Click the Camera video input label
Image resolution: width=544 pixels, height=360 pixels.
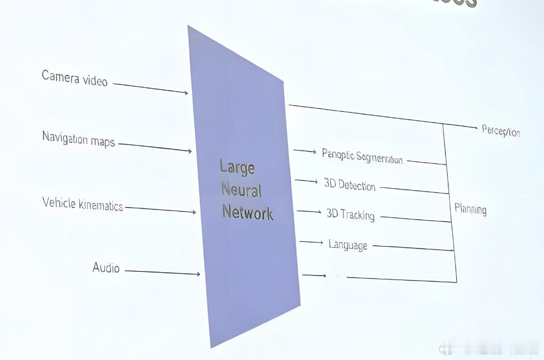(74, 78)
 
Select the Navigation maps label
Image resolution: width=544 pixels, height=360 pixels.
(78, 139)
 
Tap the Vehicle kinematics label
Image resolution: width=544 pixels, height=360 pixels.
(82, 204)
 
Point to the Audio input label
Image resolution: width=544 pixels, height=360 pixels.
(106, 268)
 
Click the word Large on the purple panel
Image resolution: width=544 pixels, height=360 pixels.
(237, 167)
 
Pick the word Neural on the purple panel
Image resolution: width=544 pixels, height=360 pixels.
(241, 190)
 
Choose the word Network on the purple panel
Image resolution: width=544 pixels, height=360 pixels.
(248, 212)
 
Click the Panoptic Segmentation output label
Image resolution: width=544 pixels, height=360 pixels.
(362, 156)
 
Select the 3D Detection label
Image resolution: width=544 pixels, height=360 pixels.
(350, 184)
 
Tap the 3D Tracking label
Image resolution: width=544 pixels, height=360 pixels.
(350, 214)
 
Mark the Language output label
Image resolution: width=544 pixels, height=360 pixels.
(347, 244)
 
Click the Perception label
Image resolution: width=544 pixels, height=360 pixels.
(501, 131)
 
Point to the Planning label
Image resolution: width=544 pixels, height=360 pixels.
(470, 209)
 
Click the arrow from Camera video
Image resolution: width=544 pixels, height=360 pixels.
(150, 88)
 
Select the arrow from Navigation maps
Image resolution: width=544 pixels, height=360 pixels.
(155, 147)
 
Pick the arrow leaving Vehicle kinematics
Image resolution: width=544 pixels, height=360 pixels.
(160, 209)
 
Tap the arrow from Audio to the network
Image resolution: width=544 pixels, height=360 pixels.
(162, 272)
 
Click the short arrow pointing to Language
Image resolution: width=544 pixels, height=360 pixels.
(311, 242)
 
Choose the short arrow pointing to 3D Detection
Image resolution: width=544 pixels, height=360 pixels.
(306, 181)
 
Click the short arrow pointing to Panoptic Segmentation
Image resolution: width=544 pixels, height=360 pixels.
(304, 151)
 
